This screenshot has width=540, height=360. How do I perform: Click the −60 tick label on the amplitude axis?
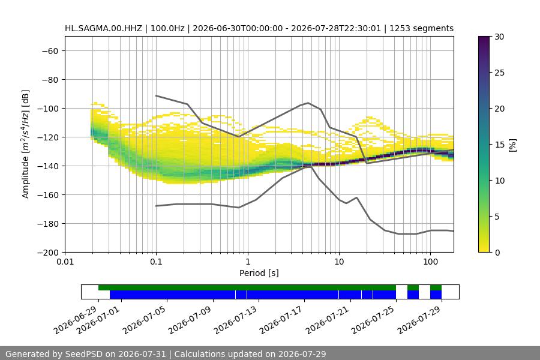(x=50, y=51)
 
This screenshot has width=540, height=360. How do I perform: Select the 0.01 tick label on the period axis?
(x=65, y=262)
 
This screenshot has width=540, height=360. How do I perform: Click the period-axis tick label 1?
(x=248, y=262)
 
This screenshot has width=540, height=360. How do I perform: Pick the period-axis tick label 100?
(x=430, y=262)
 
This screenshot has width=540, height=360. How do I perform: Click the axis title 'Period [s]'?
(x=259, y=273)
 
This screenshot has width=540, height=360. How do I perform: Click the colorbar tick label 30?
(x=499, y=37)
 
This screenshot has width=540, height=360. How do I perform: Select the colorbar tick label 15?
(x=499, y=145)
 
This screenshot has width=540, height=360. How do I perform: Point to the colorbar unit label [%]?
(x=512, y=145)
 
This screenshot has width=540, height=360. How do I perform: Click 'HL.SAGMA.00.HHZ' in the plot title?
(x=103, y=28)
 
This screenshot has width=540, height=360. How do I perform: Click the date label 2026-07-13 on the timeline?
(x=236, y=320)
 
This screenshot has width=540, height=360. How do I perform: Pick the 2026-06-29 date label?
(x=75, y=320)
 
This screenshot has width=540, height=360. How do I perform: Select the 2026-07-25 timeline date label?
(x=373, y=320)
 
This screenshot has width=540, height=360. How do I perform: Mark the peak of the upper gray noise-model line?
(x=308, y=103)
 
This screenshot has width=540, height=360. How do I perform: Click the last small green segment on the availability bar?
(x=436, y=287)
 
